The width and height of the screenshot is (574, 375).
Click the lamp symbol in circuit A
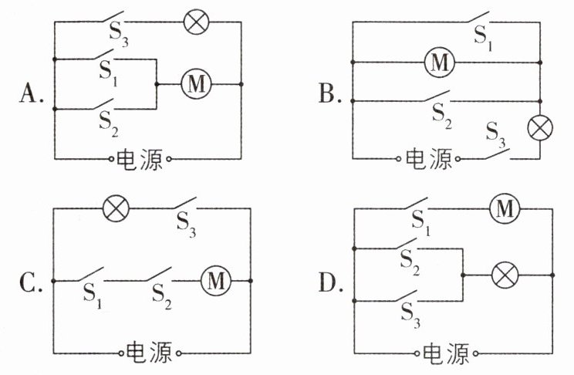pos(196,22)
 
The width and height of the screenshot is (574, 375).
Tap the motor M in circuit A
pos(197,84)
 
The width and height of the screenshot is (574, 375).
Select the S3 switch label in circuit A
pos(119,35)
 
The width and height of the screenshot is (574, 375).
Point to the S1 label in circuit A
pos(108,74)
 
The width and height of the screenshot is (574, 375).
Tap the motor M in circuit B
pos(440,62)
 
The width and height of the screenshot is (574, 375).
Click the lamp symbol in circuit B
pos(540,128)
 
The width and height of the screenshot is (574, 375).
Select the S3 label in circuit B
pos(495,135)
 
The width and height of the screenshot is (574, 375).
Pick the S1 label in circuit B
pos(483,39)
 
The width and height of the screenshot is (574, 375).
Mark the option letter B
pos(330,93)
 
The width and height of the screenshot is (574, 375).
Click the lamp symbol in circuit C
pos(116,208)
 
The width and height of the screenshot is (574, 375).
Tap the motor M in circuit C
pos(216,281)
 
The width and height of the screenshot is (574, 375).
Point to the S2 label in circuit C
pos(161,296)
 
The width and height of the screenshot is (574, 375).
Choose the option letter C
pos(31,283)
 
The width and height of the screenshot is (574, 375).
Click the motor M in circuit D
pos(505,209)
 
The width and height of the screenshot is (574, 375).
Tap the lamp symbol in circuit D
pos(505,275)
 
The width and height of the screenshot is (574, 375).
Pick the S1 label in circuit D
pos(421,224)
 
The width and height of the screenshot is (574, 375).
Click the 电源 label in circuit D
pos(445,353)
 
